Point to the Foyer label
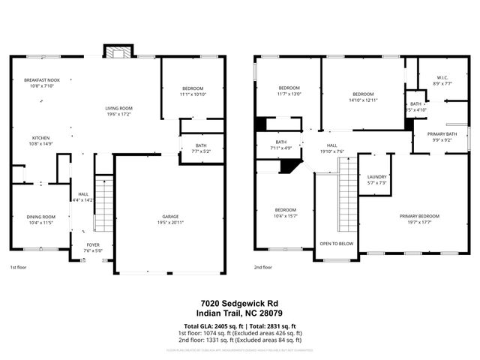point(92,244)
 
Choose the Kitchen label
point(40,138)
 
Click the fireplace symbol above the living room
point(117,52)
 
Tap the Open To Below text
point(337,244)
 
